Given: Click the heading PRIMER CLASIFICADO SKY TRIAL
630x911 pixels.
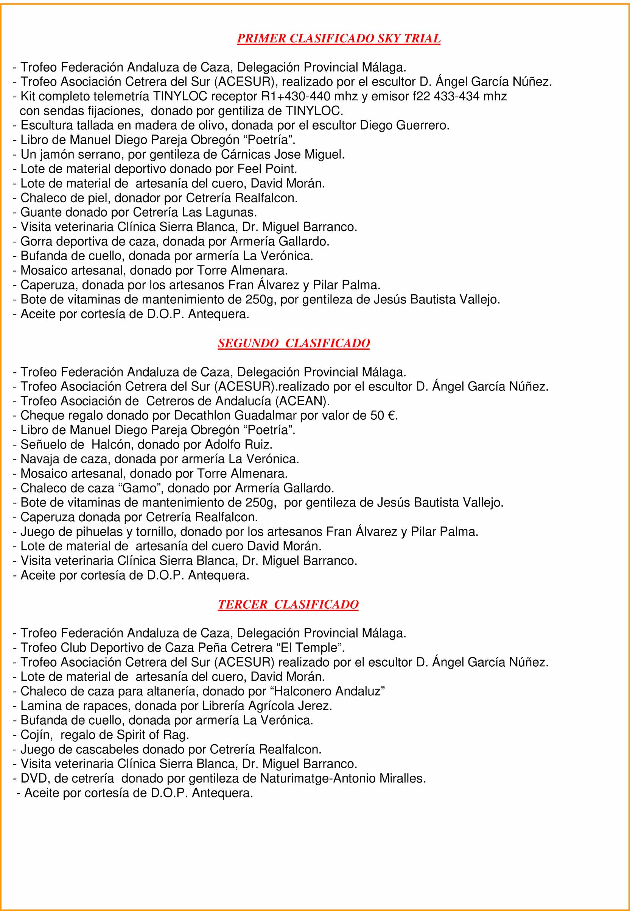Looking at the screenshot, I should pyautogui.click(x=338, y=38).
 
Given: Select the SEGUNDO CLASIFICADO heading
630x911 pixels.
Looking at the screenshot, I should pyautogui.click(x=294, y=343).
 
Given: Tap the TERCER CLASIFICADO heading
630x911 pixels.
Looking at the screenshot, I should pyautogui.click(x=288, y=604).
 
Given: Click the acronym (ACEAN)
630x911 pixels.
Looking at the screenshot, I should pyautogui.click(x=302, y=401).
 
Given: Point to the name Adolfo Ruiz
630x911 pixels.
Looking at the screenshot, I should pyautogui.click(x=238, y=444).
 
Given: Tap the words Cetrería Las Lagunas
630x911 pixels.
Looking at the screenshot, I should pyautogui.click(x=194, y=213).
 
